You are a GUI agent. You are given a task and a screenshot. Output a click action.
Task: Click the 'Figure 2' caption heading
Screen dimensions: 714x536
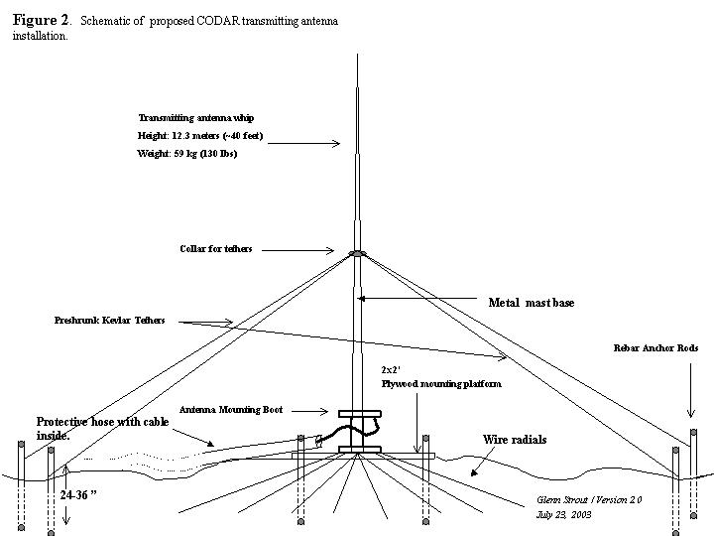tap(41, 20)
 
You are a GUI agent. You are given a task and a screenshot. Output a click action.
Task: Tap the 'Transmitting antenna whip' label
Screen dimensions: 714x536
tap(196, 118)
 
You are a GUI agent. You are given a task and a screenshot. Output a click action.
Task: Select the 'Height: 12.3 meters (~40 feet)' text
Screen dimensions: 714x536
tap(200, 136)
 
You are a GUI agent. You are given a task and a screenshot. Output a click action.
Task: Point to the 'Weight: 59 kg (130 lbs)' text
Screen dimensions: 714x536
tap(187, 154)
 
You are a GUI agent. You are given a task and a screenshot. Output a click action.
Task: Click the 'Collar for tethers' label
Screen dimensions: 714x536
tap(216, 249)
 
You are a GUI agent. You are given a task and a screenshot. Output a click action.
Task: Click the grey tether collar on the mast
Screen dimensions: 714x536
tap(357, 253)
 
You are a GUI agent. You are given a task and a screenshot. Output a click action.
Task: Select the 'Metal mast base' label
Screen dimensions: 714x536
tap(532, 303)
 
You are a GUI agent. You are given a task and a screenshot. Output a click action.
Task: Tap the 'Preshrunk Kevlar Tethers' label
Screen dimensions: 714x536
tap(109, 321)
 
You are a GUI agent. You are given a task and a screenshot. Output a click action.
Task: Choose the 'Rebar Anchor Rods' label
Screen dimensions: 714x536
tap(655, 348)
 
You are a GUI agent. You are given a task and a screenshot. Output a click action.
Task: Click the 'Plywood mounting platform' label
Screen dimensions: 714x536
tap(441, 384)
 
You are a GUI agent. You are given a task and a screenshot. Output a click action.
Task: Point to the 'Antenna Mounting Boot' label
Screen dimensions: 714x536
tap(231, 410)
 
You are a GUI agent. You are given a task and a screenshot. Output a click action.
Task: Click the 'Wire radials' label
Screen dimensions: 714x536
tap(515, 440)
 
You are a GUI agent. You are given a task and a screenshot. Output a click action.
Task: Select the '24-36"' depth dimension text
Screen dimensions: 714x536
tap(78, 495)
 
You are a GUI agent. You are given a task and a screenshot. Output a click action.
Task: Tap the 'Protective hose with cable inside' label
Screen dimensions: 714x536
tap(102, 429)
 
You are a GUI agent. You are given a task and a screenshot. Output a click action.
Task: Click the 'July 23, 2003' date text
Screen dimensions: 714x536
tap(563, 515)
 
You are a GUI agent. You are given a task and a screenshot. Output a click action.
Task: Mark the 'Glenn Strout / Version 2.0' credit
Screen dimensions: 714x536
tap(589, 500)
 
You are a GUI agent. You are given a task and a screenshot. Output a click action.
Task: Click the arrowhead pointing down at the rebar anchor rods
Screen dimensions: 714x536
tap(691, 413)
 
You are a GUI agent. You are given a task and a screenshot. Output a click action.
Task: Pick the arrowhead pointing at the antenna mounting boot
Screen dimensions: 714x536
tap(324, 411)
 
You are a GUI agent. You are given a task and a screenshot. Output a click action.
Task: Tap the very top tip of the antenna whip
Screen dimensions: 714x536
tap(357, 55)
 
